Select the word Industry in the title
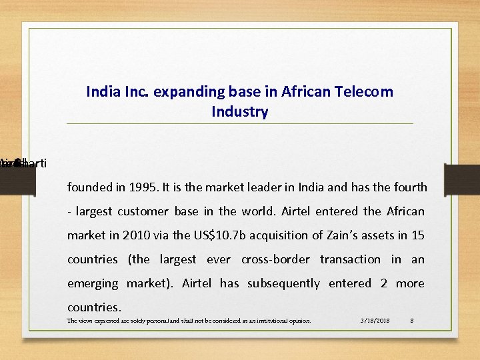click(239, 112)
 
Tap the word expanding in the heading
click(183, 92)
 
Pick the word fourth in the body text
click(407, 187)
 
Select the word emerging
click(93, 283)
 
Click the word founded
click(90, 187)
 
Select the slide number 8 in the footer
click(412, 321)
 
